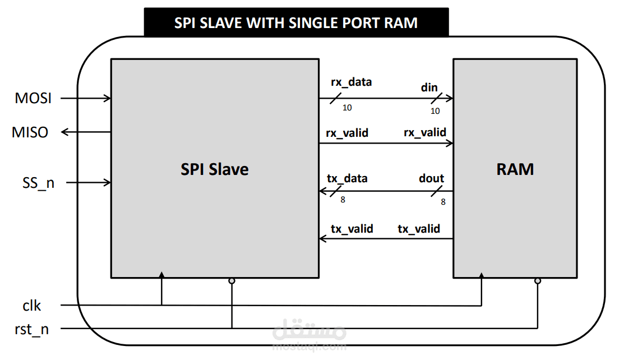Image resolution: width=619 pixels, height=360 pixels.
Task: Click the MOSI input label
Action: [33, 99]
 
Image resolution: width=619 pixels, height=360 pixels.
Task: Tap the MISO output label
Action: [30, 132]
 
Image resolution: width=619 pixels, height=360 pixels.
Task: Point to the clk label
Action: [32, 306]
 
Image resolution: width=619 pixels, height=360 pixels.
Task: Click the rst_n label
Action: [32, 329]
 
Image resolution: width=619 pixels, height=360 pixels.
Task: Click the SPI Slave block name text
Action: [214, 169]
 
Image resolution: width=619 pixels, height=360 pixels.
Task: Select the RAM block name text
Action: [515, 169]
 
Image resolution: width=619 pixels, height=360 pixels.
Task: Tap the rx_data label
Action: [351, 82]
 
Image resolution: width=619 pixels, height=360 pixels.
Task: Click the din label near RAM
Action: [429, 88]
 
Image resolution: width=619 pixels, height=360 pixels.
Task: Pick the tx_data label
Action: [347, 178]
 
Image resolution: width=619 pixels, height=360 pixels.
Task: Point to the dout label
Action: [431, 178]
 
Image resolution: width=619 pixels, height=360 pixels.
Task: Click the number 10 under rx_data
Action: [347, 108]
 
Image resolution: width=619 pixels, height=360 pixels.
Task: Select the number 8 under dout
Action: [443, 202]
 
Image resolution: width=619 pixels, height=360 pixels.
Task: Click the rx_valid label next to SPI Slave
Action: [347, 133]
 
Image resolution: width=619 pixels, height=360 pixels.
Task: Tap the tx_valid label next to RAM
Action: [419, 229]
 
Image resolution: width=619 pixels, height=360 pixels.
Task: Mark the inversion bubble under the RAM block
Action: [538, 281]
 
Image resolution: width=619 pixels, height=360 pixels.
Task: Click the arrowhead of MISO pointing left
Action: [64, 132]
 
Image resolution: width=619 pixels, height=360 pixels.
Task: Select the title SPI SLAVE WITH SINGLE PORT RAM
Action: [296, 22]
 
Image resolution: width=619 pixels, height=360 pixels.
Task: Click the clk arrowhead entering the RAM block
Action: [481, 275]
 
